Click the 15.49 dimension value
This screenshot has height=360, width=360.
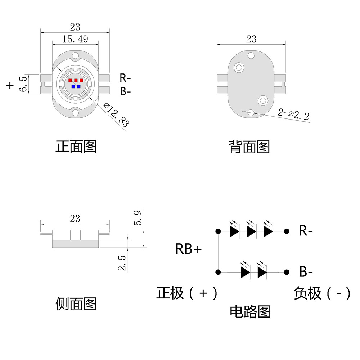tap(75, 39)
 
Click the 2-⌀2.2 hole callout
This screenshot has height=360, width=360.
tap(293, 114)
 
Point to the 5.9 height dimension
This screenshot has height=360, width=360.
tap(138, 218)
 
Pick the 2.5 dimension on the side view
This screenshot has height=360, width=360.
tap(122, 262)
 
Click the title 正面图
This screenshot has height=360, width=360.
tap(76, 146)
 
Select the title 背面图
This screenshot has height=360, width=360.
tap(249, 147)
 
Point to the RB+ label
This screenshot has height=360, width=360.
tap(189, 249)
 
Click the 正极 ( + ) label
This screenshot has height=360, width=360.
tap(187, 293)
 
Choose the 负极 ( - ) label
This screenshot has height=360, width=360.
tap(322, 293)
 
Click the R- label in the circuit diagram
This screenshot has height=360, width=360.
tap(306, 231)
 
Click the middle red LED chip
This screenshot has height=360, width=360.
tap(76, 80)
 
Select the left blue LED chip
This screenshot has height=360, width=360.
tap(73, 87)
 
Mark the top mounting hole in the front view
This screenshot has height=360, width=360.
tap(75, 56)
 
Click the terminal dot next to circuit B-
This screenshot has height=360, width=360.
tap(287, 272)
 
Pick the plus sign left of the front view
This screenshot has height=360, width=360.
tap(10, 85)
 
